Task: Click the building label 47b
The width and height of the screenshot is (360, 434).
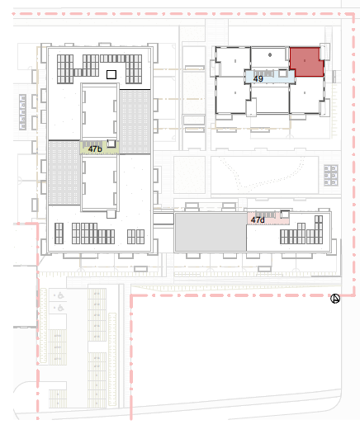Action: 95,149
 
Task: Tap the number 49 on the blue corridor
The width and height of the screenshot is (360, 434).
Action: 258,79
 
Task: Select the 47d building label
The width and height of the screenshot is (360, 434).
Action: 258,220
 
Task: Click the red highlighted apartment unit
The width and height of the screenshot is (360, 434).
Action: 306,62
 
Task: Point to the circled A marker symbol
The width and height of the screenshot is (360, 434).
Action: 335,299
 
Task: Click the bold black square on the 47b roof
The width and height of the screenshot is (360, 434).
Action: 111,74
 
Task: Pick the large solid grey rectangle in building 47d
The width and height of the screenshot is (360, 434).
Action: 211,232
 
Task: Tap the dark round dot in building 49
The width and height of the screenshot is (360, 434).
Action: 270,54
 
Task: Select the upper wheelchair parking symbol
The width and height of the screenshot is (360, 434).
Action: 60,296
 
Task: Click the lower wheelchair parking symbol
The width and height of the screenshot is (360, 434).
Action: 60,308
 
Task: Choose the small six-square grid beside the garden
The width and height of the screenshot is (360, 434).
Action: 331,175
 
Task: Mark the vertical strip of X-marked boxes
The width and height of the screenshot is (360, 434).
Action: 23,112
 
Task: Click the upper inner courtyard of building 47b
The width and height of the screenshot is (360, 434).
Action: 99,111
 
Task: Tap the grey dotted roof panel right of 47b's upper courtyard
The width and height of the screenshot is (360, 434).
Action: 135,122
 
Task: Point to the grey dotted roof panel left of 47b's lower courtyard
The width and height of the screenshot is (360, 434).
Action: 64,172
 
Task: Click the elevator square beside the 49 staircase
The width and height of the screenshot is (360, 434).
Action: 282,73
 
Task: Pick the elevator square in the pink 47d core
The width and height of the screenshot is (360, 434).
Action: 285,215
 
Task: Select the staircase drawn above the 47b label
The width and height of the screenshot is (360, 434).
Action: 92,144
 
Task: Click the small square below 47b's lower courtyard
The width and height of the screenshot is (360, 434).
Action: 111,215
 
